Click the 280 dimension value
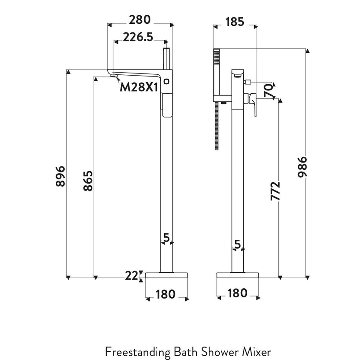pyautogui.click(x=140, y=20)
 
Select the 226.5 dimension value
pyautogui.click(x=138, y=37)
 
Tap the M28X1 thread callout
pyautogui.click(x=138, y=87)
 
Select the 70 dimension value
pyautogui.click(x=268, y=91)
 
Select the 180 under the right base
pyautogui.click(x=237, y=293)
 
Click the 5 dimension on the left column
pyautogui.click(x=166, y=238)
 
